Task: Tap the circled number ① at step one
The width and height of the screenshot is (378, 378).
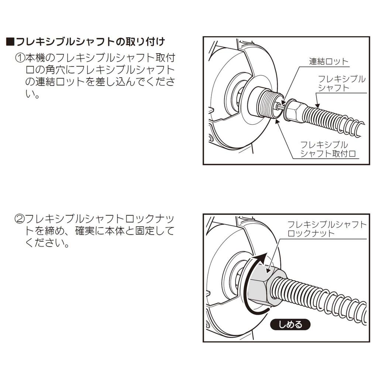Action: click(20, 58)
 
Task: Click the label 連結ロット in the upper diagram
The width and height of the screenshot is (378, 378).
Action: click(329, 61)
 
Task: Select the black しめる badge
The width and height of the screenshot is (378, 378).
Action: click(290, 324)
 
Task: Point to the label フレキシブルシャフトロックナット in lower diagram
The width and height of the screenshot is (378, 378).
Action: click(327, 228)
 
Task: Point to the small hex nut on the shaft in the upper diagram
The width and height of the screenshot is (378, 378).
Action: click(296, 111)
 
